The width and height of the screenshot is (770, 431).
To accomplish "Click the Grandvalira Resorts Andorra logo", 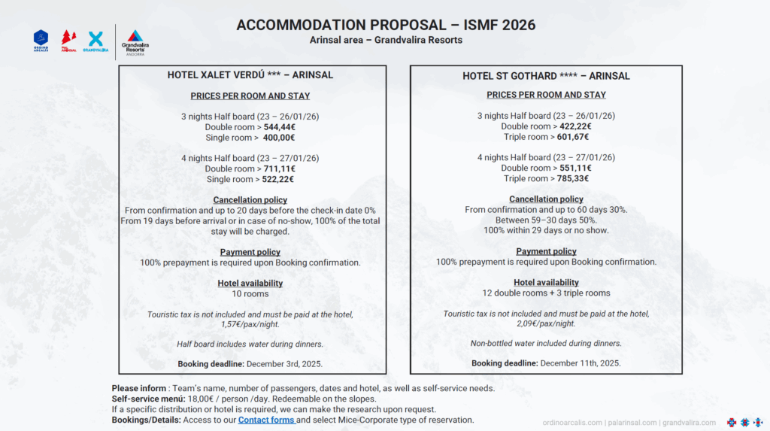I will [x=135, y=42].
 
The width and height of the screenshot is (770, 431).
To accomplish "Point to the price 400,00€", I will [x=278, y=138].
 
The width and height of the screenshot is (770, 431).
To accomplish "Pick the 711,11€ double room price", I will [x=280, y=168].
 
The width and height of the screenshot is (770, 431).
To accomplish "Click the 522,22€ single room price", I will [x=278, y=179].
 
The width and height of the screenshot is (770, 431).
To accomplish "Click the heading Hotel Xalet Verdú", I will [x=250, y=75].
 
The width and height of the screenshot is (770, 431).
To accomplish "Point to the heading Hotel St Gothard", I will [x=546, y=76].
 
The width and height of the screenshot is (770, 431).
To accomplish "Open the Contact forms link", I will [x=267, y=420].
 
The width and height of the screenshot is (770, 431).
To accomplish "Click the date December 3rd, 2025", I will [x=278, y=364].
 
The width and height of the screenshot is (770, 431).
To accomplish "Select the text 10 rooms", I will [x=250, y=293].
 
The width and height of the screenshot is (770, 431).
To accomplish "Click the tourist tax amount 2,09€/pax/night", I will [x=546, y=323].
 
